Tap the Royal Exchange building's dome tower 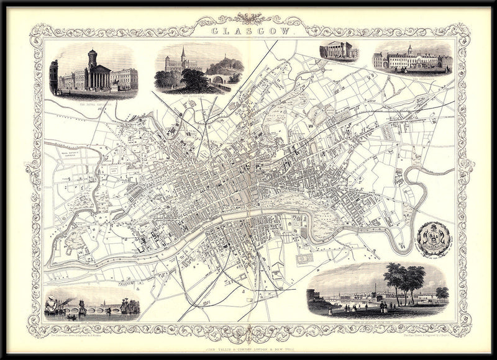pyautogui.click(x=93, y=59)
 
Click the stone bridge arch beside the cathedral pyautogui.click(x=217, y=79)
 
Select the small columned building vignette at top pyautogui.click(x=339, y=53)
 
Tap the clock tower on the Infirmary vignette pyautogui.click(x=409, y=50)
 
